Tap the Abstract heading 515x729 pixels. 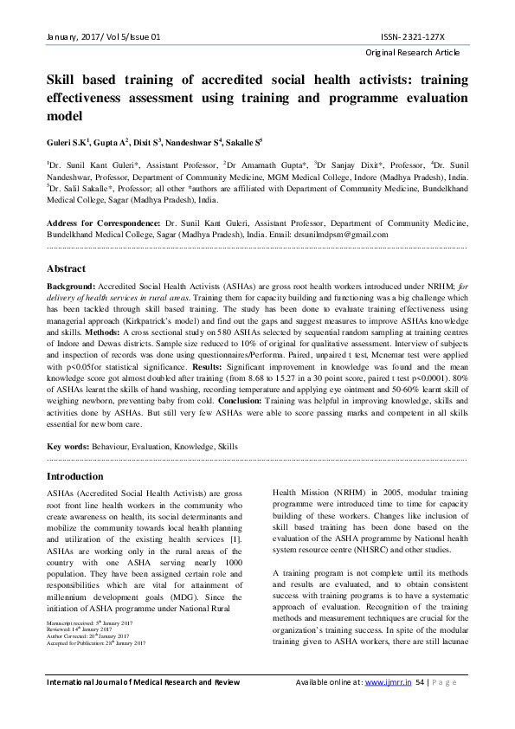(x=66, y=269)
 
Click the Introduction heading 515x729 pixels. (x=74, y=477)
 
